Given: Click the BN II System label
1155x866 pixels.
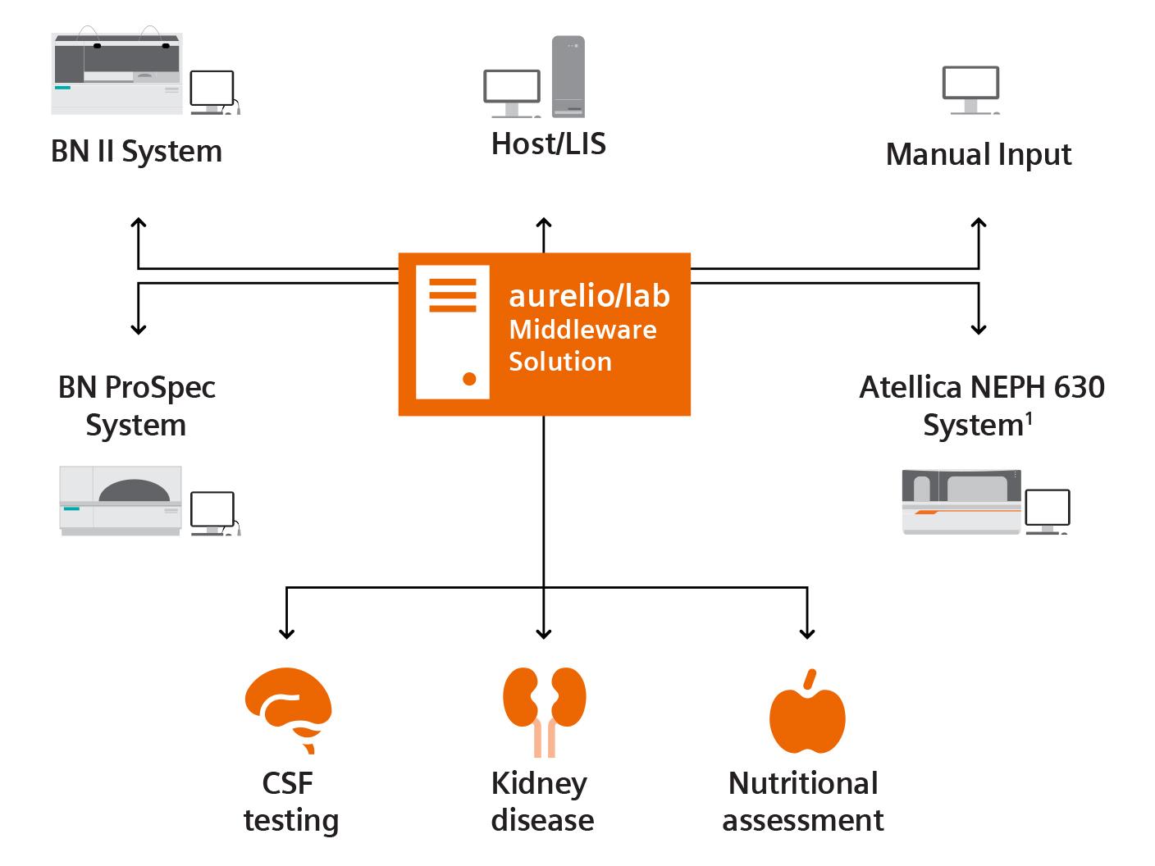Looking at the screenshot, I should pyautogui.click(x=136, y=152).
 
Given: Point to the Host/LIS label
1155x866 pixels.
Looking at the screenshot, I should pyautogui.click(x=548, y=144).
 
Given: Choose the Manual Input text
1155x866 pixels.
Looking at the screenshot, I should pyautogui.click(x=978, y=154).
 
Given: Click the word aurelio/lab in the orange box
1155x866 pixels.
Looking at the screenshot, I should pyautogui.click(x=589, y=295).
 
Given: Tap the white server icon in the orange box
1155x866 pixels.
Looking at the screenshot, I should pyautogui.click(x=452, y=332).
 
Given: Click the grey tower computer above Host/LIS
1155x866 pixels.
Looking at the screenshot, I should pyautogui.click(x=568, y=76).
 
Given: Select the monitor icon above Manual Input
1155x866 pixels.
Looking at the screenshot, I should pyautogui.click(x=970, y=89).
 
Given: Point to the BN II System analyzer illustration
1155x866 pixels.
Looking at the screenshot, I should pyautogui.click(x=116, y=74).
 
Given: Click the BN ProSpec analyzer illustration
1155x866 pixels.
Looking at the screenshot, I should pyautogui.click(x=121, y=500).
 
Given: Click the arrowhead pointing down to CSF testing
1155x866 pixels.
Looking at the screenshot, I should pyautogui.click(x=286, y=632).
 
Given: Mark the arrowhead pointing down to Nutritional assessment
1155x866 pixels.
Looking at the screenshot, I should pyautogui.click(x=807, y=632).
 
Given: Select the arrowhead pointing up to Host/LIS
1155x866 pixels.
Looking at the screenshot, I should pyautogui.click(x=543, y=223).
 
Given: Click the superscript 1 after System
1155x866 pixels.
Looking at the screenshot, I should pyautogui.click(x=1028, y=419).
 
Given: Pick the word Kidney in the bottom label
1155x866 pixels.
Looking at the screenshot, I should pyautogui.click(x=538, y=783).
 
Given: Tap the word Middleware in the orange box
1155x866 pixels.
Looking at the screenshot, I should pyautogui.click(x=582, y=330).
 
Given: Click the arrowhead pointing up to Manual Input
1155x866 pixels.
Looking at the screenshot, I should pyautogui.click(x=978, y=223).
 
